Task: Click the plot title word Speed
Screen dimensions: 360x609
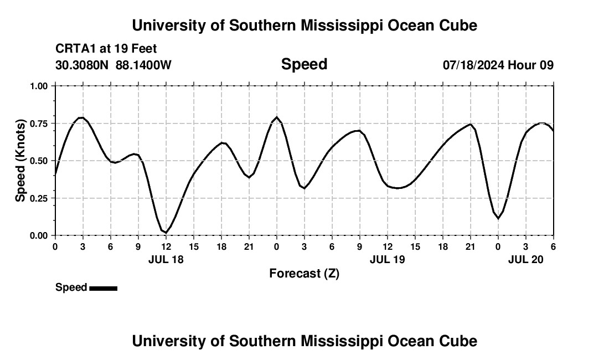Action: click(304, 64)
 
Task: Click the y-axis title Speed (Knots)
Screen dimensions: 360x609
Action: click(20, 161)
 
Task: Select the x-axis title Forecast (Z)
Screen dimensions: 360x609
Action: click(304, 273)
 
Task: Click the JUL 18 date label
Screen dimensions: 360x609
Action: click(166, 259)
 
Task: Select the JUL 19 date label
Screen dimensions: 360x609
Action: click(387, 259)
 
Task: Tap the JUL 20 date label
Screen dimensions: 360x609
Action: click(526, 259)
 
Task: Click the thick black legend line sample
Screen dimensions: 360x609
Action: click(103, 288)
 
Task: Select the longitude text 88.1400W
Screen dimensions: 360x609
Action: click(143, 65)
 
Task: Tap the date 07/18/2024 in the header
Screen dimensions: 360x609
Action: click(473, 65)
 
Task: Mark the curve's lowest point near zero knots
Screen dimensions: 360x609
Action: click(166, 233)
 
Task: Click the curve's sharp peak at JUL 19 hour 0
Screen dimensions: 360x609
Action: click(277, 117)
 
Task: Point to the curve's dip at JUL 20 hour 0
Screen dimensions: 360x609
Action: click(498, 218)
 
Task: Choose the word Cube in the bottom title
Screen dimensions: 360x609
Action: click(459, 341)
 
